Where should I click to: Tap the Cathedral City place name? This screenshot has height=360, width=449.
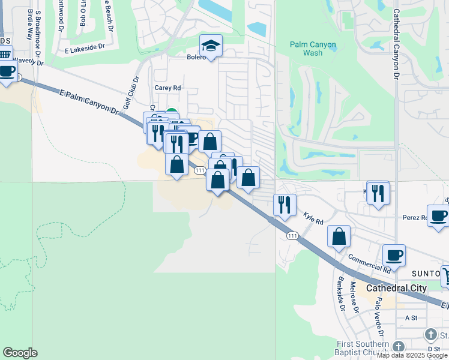tap(396, 288)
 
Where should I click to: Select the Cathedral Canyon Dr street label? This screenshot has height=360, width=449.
tap(396, 45)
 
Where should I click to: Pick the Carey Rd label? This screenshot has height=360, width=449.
tap(167, 88)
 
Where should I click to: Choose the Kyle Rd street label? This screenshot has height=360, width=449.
tap(313, 217)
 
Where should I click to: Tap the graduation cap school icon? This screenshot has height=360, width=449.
tap(211, 46)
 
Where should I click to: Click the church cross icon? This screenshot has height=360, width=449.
tap(430, 334)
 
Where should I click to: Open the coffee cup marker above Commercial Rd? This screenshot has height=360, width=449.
tap(394, 255)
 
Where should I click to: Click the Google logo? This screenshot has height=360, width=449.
tap(20, 353)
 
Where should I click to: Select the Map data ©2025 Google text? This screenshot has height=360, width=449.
tap(412, 356)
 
